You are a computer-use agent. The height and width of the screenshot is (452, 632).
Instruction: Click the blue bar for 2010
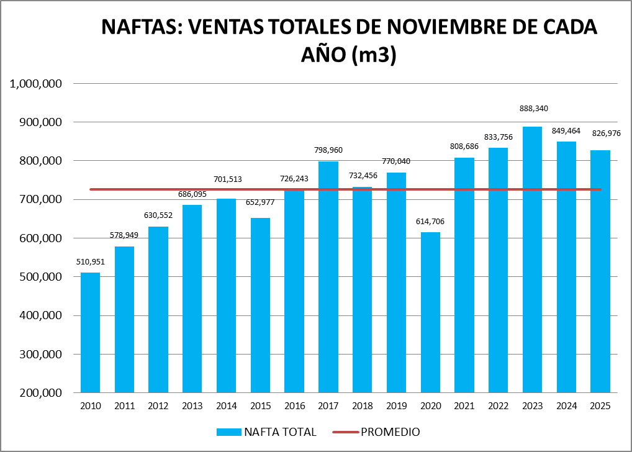point(90,333)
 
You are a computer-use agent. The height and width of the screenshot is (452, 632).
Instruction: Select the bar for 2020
point(430,313)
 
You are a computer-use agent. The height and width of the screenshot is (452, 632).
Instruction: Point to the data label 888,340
point(533,108)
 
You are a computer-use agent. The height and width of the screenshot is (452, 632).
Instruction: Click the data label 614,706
point(430,222)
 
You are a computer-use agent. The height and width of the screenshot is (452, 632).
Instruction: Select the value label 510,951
point(91,261)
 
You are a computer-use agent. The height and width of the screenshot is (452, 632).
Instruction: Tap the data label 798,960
point(328,150)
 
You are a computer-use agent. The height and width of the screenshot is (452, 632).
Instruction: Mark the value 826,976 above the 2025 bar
point(600,133)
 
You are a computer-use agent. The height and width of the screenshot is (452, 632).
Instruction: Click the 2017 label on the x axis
point(328,406)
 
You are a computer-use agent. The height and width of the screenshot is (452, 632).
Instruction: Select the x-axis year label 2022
point(498,406)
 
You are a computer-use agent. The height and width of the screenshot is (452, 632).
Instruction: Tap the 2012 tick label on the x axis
point(158,406)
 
